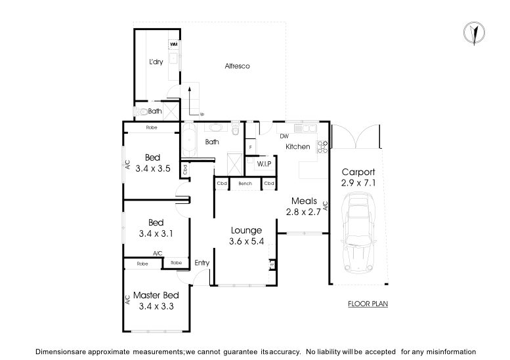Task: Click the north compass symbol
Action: click(471, 33)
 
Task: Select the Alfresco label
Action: click(237, 66)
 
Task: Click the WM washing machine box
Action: click(174, 45)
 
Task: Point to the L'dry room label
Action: click(156, 62)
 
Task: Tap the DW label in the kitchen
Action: click(284, 136)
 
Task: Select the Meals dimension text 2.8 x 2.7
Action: click(302, 211)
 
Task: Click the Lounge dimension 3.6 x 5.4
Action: click(246, 241)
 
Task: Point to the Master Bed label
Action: click(156, 296)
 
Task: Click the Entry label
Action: click(202, 263)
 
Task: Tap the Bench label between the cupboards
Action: click(245, 184)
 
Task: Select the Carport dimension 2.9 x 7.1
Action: click(358, 183)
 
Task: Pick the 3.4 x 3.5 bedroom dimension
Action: click(153, 168)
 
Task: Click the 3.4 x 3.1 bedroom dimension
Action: click(156, 233)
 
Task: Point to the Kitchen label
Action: click(297, 147)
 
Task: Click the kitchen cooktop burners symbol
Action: click(322, 147)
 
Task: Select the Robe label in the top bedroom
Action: click(152, 127)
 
